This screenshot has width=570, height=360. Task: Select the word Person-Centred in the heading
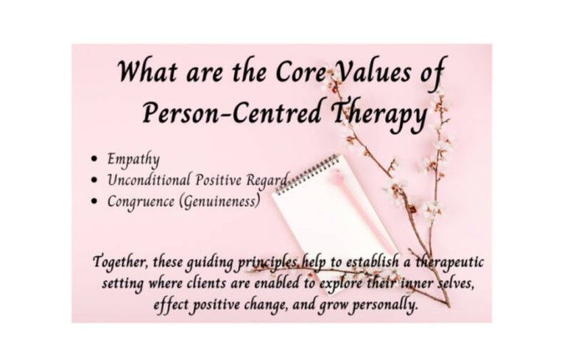[x=232, y=113]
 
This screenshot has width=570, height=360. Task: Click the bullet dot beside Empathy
[x=94, y=159]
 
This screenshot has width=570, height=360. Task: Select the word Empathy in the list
[x=133, y=160]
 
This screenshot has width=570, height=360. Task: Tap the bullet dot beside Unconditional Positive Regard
[x=94, y=180]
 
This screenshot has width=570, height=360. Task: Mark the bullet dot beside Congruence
[x=94, y=201]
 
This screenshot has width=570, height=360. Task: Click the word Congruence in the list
[x=141, y=202]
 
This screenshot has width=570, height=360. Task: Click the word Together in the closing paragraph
[x=121, y=262]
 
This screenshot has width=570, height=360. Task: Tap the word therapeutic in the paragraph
[x=450, y=262]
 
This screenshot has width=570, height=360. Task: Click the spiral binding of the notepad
[x=307, y=174]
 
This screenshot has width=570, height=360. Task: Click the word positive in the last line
[x=216, y=305]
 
